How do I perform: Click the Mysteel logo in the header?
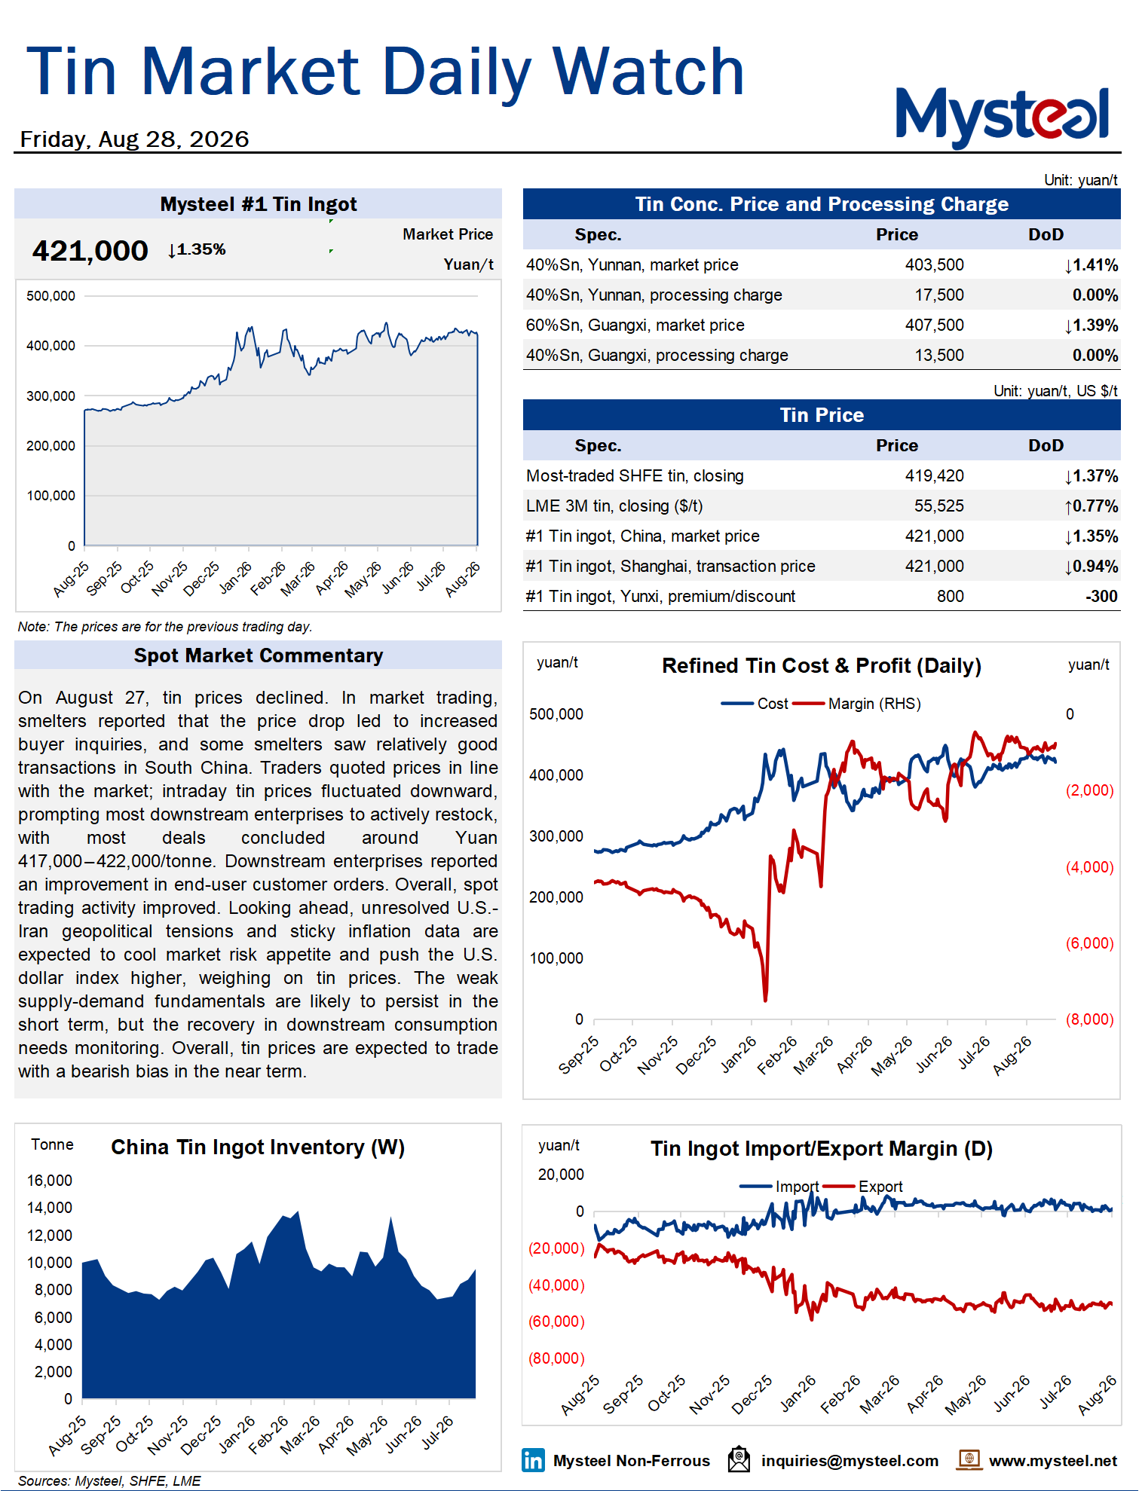pos(1003,117)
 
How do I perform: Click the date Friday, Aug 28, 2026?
pos(134,139)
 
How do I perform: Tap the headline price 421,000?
pos(90,251)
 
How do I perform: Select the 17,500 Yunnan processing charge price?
pos(939,295)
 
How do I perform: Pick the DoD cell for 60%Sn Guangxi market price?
pos(1091,325)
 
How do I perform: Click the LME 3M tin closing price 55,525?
pos(939,506)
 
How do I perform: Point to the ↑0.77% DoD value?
pos(1091,506)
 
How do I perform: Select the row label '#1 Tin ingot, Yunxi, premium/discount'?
pos(660,597)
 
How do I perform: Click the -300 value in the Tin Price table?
pos(1101,597)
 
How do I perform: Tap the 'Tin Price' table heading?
pos(822,415)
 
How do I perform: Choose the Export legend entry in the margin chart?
pos(863,1187)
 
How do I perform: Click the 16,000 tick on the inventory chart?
pos(50,1181)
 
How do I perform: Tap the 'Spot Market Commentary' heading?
pos(259,655)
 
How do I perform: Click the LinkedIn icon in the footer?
pos(533,1460)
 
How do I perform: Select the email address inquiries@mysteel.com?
pos(850,1461)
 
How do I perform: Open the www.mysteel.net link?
pos(1053,1461)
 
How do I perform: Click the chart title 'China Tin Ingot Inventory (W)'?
pos(258,1147)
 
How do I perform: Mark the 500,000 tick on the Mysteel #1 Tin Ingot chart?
pos(51,296)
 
